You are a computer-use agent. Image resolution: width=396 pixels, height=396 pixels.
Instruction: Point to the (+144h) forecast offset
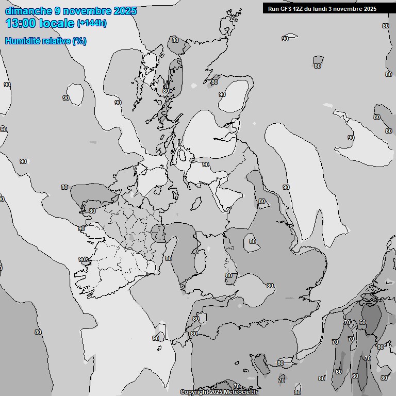92,23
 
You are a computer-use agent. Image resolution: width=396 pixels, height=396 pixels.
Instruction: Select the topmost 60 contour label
362,322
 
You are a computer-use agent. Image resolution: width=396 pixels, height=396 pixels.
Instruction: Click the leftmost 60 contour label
338,372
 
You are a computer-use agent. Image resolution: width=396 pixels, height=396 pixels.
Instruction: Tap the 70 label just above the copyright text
236,386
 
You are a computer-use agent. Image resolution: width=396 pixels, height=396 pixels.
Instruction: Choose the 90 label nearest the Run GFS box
285,39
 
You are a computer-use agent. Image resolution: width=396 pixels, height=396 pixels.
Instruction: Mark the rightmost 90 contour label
351,138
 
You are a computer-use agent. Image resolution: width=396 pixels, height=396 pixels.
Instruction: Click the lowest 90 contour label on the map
156,338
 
